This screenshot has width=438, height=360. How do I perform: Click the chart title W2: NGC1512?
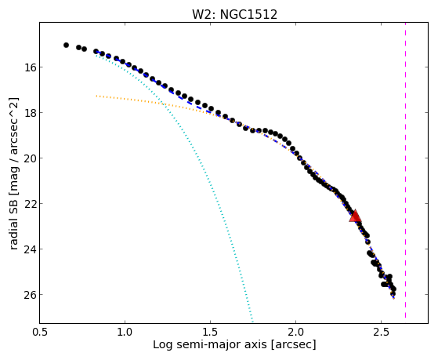234,14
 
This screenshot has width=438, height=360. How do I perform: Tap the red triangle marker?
355,216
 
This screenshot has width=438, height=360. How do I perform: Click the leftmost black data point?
66,45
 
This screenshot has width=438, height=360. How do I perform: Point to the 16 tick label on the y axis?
28,67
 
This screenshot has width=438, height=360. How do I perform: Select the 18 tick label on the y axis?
28,113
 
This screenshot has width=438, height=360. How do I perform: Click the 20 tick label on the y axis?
28,158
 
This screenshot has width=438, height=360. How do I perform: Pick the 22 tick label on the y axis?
28,204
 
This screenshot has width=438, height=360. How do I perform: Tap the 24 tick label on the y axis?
28,249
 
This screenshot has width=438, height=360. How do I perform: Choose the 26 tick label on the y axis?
28,295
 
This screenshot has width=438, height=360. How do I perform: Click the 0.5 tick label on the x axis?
40,332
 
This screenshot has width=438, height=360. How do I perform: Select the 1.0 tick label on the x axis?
125,332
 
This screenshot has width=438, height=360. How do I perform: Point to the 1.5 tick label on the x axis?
210,332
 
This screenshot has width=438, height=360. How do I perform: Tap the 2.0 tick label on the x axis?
296,332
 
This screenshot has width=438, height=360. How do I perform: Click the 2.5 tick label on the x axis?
382,332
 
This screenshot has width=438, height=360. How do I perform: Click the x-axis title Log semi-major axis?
210,344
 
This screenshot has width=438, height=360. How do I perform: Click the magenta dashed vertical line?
405,171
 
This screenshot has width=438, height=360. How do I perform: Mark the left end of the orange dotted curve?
96,96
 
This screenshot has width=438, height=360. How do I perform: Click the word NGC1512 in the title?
248,14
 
